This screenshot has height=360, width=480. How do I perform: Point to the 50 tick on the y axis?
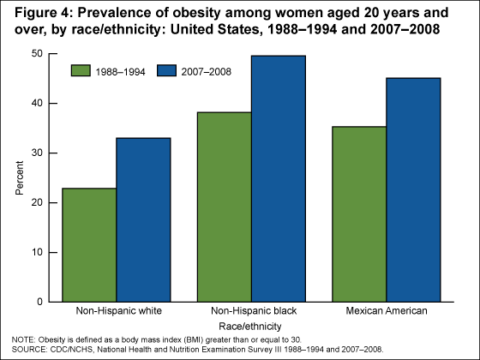click(x=38, y=53)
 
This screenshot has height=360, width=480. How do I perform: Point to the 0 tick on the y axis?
click(x=40, y=302)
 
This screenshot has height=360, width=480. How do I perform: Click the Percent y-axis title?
click(x=20, y=177)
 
